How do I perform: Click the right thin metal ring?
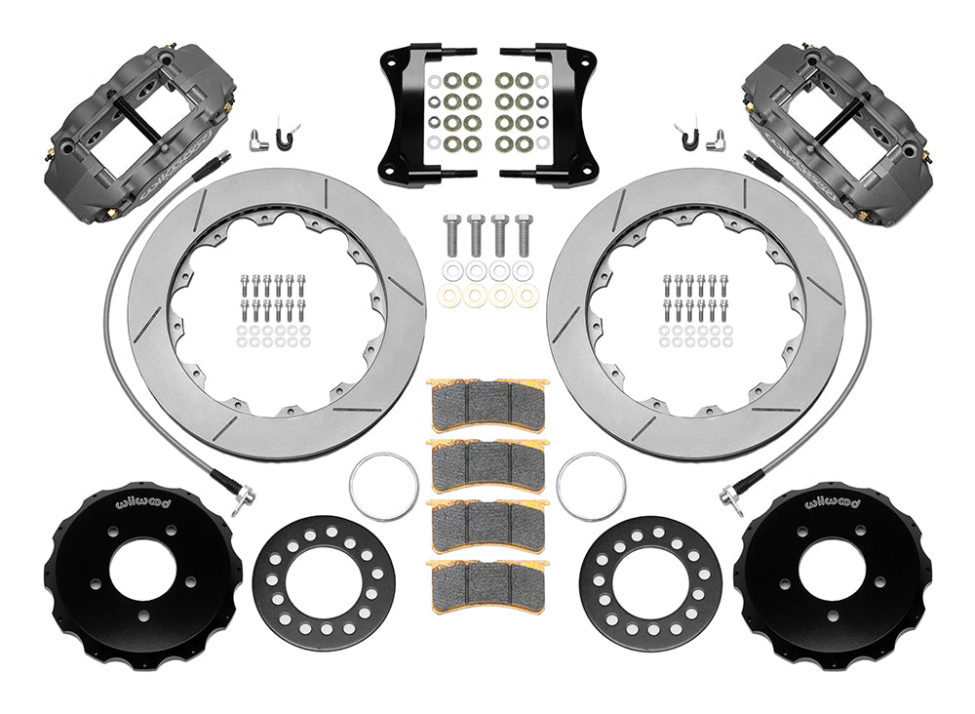(591, 486)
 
